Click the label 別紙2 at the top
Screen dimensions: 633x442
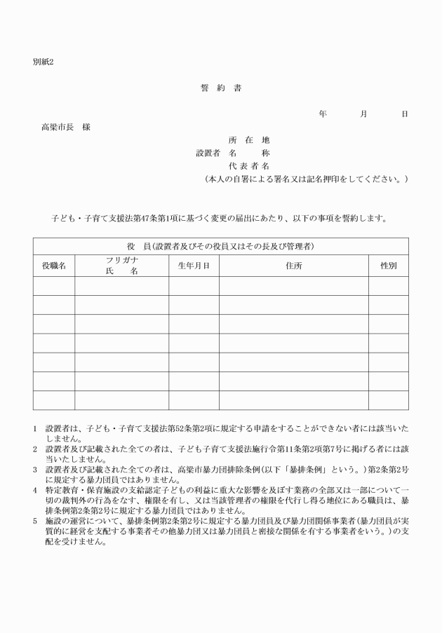(43, 62)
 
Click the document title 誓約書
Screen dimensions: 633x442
(221, 88)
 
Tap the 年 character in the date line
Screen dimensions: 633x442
(322, 114)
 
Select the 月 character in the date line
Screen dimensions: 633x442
(363, 114)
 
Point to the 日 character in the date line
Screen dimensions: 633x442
(404, 114)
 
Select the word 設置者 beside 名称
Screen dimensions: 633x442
(208, 153)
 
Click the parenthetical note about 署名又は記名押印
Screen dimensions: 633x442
(304, 179)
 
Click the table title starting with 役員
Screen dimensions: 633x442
(220, 246)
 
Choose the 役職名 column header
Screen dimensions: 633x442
(54, 266)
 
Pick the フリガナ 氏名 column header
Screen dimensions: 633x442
(121, 265)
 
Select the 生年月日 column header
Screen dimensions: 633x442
(193, 266)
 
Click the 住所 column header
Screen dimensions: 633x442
(293, 266)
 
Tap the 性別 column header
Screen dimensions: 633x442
(388, 266)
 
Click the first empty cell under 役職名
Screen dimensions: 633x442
(54, 286)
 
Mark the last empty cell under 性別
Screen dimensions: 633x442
(388, 400)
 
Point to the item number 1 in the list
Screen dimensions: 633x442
(35, 427)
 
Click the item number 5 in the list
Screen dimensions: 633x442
(35, 521)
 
